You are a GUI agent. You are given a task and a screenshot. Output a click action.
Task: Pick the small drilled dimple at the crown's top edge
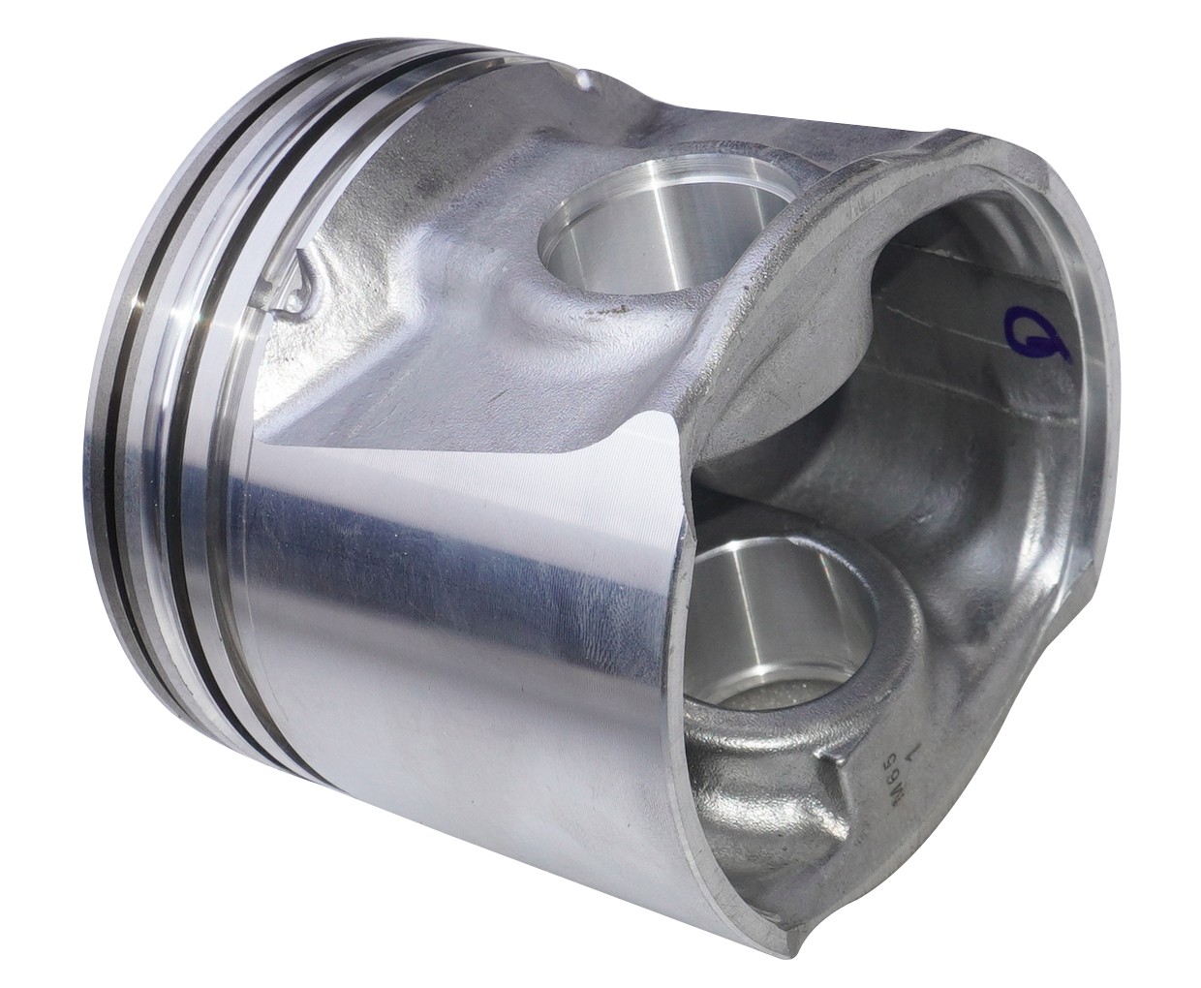pyautogui.click(x=582, y=74)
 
